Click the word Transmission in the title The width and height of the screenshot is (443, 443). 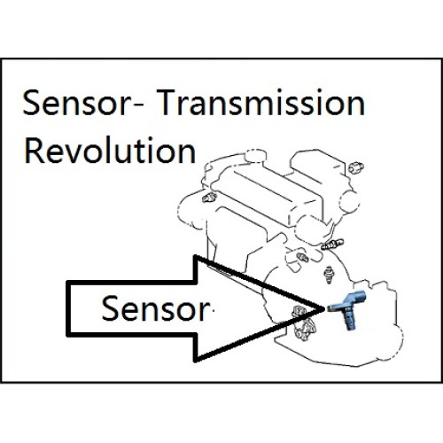[260, 102]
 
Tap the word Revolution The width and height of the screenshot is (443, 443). [110, 151]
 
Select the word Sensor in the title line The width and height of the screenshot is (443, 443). [74, 103]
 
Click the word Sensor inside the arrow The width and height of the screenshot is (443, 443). [155, 308]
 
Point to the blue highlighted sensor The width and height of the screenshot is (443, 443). [347, 308]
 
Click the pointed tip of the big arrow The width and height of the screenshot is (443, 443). [324, 308]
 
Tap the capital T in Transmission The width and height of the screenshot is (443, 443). [167, 102]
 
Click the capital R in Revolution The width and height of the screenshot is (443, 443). [34, 151]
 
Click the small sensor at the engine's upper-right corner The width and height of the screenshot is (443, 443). [356, 167]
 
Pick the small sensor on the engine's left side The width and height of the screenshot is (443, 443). [209, 197]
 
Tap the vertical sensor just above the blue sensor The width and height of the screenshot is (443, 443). [329, 275]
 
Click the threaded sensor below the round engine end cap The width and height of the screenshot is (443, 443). [333, 245]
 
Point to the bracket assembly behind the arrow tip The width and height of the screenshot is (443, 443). [303, 323]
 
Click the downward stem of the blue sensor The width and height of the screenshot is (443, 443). [349, 321]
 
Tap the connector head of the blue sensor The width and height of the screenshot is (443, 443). [358, 295]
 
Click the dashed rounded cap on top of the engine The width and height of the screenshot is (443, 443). [255, 156]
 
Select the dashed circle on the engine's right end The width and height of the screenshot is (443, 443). [350, 201]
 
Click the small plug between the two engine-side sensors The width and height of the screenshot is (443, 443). [302, 257]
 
